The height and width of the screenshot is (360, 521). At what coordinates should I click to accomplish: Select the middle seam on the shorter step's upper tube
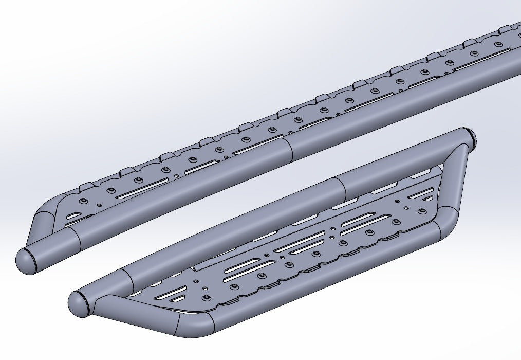[342, 188]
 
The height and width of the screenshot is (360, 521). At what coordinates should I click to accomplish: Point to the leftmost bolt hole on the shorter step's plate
[206, 298]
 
